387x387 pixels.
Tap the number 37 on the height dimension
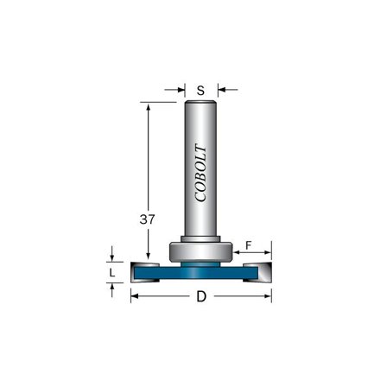pyautogui.click(x=148, y=220)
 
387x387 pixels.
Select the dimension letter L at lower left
pyautogui.click(x=111, y=273)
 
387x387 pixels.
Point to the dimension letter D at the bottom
pyautogui.click(x=201, y=297)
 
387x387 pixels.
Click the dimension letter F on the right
pyautogui.click(x=249, y=246)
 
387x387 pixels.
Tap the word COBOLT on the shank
pyautogui.click(x=201, y=173)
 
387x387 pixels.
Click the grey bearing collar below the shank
pyautogui.click(x=201, y=251)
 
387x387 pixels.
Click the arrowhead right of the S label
pyautogui.click(x=219, y=88)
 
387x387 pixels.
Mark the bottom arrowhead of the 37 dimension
pyautogui.click(x=149, y=262)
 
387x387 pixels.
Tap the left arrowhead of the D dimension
pyautogui.click(x=134, y=296)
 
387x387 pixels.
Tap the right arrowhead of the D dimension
pyautogui.click(x=269, y=296)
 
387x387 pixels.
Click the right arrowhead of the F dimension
pyautogui.click(x=268, y=255)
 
